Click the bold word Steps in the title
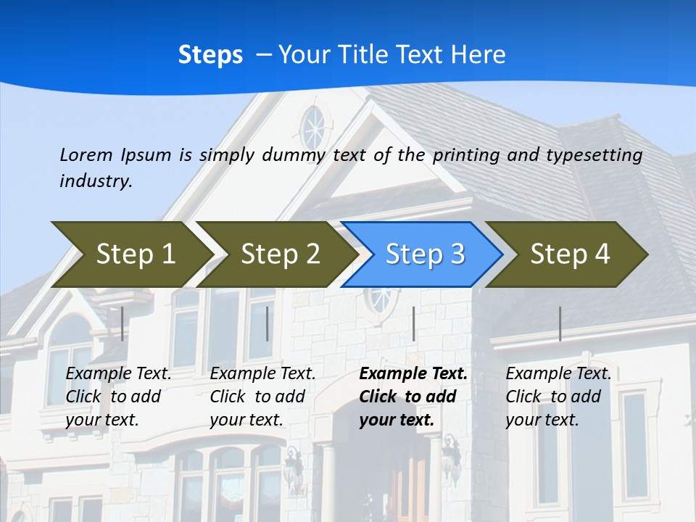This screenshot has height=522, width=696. [x=210, y=55]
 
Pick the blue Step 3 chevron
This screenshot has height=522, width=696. [x=425, y=254]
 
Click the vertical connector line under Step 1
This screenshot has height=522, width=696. [x=123, y=323]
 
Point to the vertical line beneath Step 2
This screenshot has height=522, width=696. [x=268, y=323]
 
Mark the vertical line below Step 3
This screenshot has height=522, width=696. [x=414, y=323]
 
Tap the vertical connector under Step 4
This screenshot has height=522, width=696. [x=560, y=323]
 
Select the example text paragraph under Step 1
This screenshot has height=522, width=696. [x=118, y=397]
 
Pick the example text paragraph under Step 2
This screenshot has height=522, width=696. [x=262, y=397]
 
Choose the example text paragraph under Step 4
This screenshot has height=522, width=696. [x=558, y=397]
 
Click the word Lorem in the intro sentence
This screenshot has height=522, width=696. [x=86, y=154]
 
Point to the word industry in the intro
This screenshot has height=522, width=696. [x=96, y=181]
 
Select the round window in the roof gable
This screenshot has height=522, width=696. [x=313, y=129]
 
